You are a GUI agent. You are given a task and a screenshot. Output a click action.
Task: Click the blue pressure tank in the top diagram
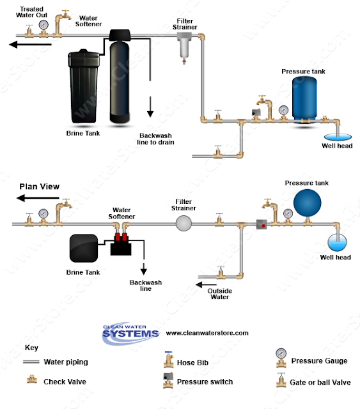(x=304, y=100)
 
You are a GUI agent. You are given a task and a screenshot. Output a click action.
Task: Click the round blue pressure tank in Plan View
(x=308, y=203)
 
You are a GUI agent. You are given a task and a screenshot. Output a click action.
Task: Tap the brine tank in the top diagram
(x=84, y=86)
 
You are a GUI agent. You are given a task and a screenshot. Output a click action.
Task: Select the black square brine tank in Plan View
(x=84, y=248)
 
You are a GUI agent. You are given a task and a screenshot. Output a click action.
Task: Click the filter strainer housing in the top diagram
(x=184, y=49)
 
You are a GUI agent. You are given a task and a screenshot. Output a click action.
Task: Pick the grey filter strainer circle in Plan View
(x=184, y=223)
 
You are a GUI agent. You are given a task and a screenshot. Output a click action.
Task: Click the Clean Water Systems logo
(x=130, y=333)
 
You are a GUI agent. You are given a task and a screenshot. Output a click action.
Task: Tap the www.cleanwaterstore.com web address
(x=207, y=333)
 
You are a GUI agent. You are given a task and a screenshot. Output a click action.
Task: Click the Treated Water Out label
(x=31, y=12)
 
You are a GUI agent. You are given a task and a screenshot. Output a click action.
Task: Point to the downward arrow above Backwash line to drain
(x=150, y=107)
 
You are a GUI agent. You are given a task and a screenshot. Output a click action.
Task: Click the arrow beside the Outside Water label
(x=206, y=284)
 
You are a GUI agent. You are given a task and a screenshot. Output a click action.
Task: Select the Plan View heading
(x=40, y=187)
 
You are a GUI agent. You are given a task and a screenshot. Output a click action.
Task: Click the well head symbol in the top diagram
(x=338, y=137)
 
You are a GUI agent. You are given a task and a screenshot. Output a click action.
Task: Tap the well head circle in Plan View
(x=337, y=243)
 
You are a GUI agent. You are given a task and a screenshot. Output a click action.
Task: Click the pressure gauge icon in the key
(x=281, y=358)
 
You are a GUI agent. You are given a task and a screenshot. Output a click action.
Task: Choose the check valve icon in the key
(x=32, y=379)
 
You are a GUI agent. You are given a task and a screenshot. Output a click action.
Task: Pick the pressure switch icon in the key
(x=168, y=380)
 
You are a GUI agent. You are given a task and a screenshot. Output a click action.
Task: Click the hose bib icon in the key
(x=169, y=360)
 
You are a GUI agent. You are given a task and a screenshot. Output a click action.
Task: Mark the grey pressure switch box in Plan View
(x=262, y=224)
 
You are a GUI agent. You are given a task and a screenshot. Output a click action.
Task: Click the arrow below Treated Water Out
(x=30, y=45)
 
